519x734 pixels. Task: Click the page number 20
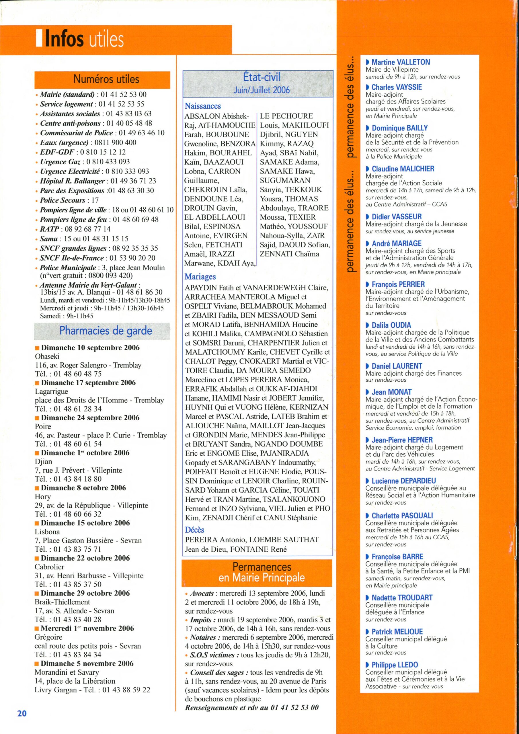(x=22, y=713)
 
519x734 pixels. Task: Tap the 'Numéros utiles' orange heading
(x=106, y=79)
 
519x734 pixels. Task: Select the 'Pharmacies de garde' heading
(x=106, y=331)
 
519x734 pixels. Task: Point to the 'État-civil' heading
(x=262, y=77)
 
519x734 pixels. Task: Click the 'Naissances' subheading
(x=203, y=106)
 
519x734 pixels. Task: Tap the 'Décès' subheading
(x=194, y=530)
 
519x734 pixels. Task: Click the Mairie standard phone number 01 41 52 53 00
(x=124, y=94)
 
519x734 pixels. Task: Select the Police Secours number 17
(x=95, y=200)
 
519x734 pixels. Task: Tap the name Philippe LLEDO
(x=395, y=665)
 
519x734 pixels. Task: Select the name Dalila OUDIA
(x=391, y=325)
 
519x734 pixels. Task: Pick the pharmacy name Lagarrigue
(x=52, y=391)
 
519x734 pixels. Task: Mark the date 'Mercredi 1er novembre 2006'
(x=87, y=628)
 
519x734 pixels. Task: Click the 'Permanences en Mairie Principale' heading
(x=262, y=572)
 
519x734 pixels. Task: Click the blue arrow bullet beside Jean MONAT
(x=367, y=392)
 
